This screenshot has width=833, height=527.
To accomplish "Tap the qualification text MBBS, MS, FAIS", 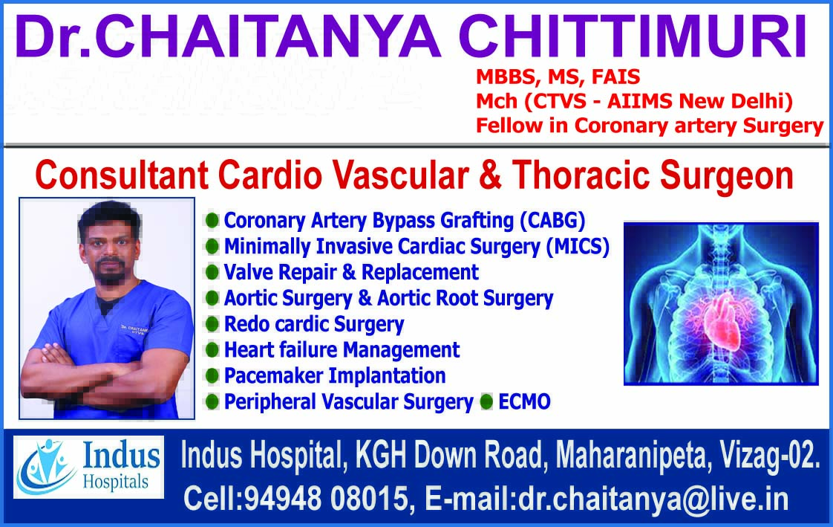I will pos(558,77).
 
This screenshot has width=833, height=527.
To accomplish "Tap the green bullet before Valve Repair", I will pos(212,272).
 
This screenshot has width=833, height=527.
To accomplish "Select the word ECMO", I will pos(525,402).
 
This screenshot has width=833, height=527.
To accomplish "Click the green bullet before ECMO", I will pos(487,402).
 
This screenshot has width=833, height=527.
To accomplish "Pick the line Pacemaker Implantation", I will pos(334,375).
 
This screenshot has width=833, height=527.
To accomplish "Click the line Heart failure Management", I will pos(342,349).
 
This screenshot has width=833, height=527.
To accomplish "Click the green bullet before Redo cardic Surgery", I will pos(212,324).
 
